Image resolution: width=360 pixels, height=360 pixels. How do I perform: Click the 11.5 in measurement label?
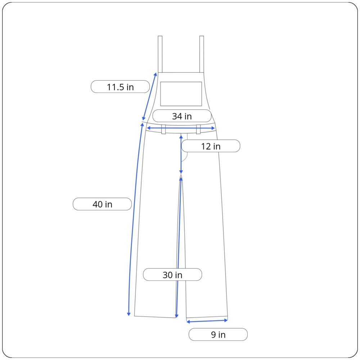pos(120,87)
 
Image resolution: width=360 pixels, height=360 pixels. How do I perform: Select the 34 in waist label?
pos(182,116)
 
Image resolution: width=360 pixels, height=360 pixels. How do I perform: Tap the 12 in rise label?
pos(211,146)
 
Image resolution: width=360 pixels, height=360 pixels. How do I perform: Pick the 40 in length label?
pos(102,204)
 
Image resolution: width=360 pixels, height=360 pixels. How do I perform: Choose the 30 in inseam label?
pos(172,275)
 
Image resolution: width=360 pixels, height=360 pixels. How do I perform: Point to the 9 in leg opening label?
pos(218,334)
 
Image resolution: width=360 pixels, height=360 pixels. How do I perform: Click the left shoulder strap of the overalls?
pos(160,54)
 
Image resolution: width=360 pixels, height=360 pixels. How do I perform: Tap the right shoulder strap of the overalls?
pos(202,54)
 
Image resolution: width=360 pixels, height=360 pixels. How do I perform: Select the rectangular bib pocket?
pos(181,94)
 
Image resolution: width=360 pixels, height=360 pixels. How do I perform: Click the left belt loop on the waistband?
pos(163,129)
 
